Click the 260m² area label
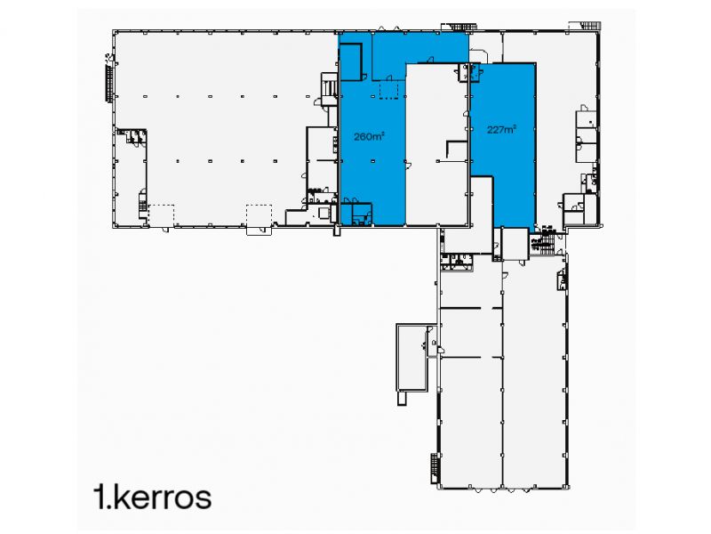(x=369, y=138)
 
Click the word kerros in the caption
(x=164, y=497)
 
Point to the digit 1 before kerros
(x=100, y=497)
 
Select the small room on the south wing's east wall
(x=562, y=278)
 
